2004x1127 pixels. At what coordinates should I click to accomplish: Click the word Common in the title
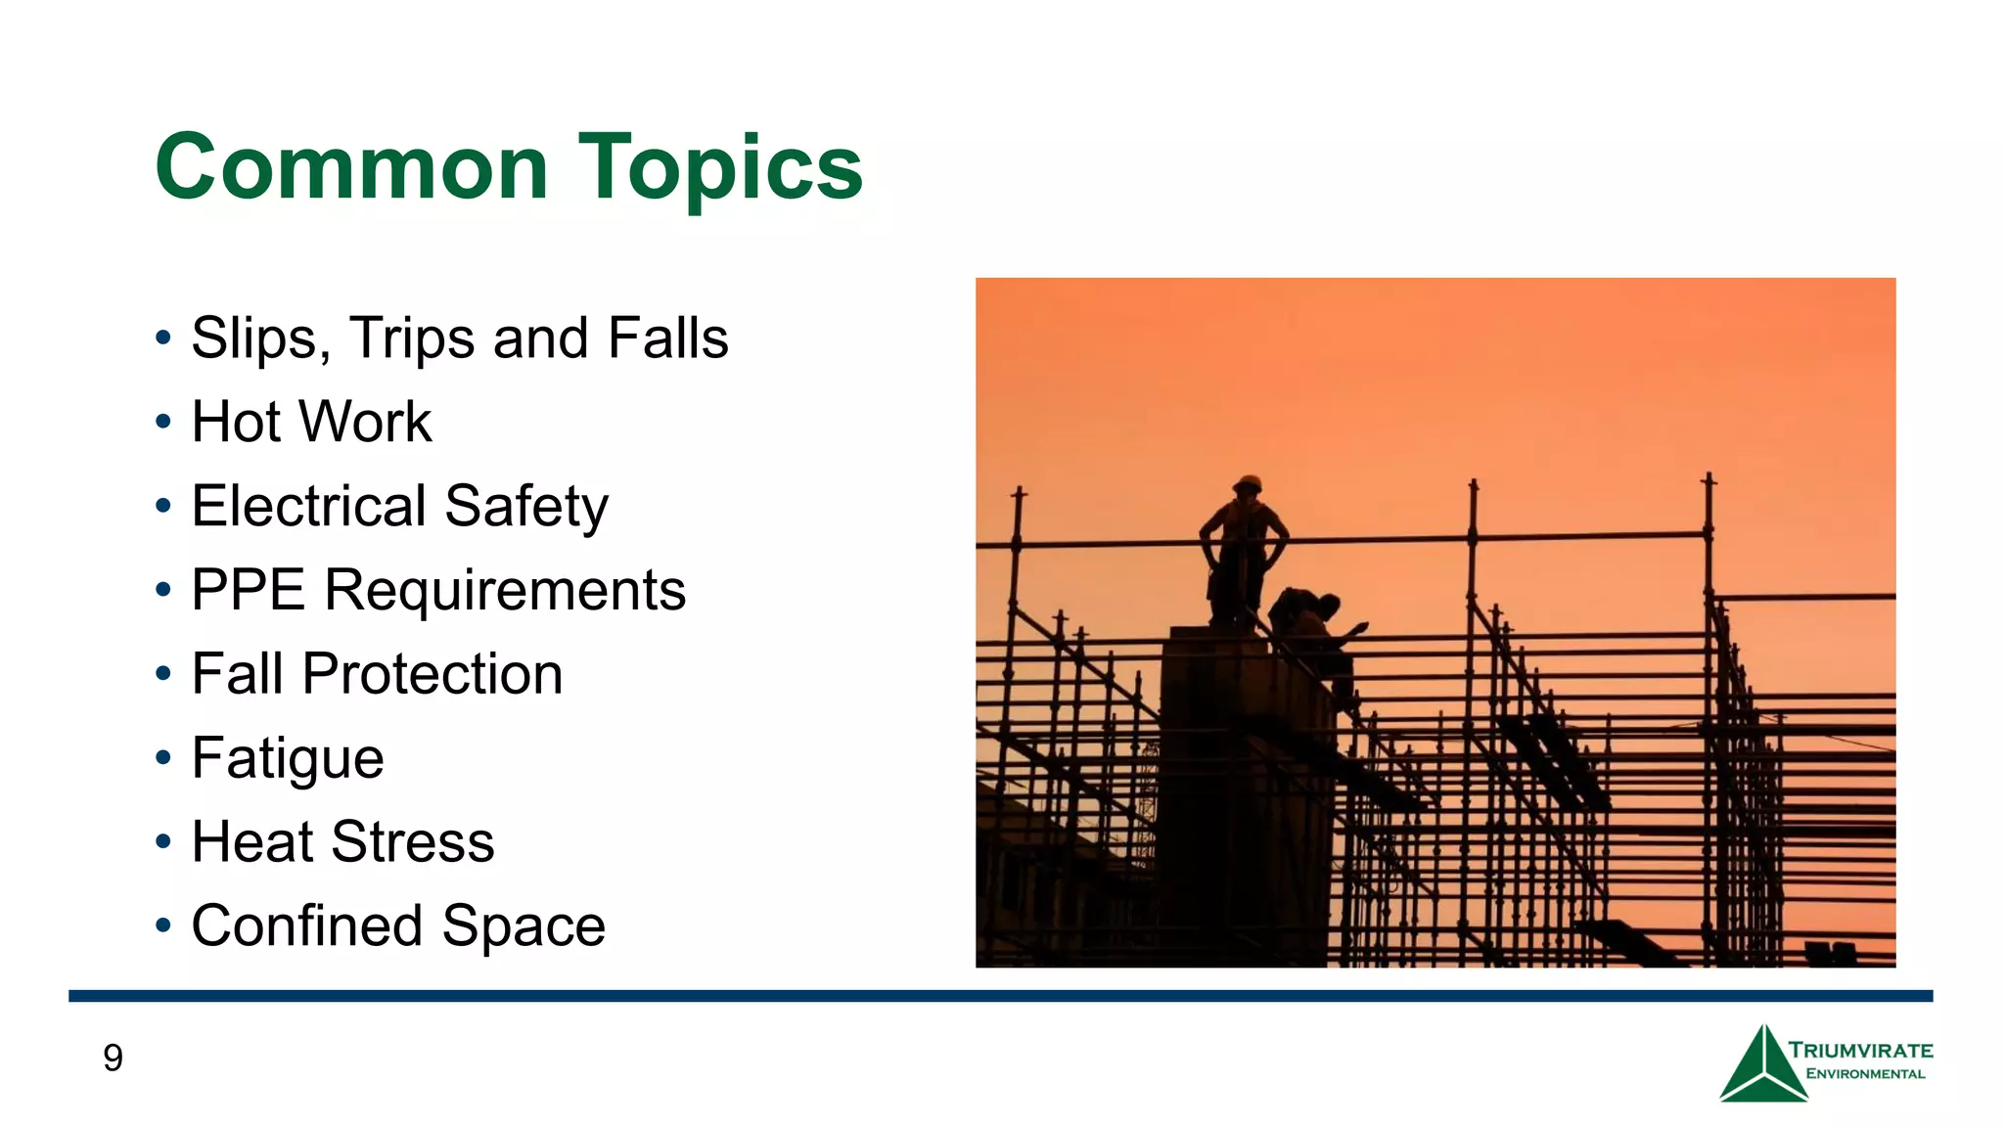(x=351, y=167)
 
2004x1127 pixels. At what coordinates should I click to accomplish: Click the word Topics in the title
(x=721, y=167)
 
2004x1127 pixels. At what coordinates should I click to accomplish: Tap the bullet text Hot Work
(x=311, y=422)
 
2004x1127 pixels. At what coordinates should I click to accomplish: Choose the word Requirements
(x=505, y=590)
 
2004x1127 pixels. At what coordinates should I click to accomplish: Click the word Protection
(x=432, y=674)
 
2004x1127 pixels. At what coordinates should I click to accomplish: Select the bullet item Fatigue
(x=288, y=758)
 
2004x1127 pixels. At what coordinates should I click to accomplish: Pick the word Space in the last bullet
(x=524, y=925)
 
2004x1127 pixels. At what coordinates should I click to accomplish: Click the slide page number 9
(x=113, y=1058)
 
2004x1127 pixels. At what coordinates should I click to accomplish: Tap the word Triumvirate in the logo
(x=1860, y=1051)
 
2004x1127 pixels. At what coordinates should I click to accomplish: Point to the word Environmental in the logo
(x=1865, y=1074)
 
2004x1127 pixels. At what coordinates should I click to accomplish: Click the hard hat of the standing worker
(x=1248, y=483)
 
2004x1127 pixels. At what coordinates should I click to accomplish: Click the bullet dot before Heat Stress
(x=163, y=841)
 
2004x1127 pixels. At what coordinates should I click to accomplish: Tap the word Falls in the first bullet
(x=667, y=338)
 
